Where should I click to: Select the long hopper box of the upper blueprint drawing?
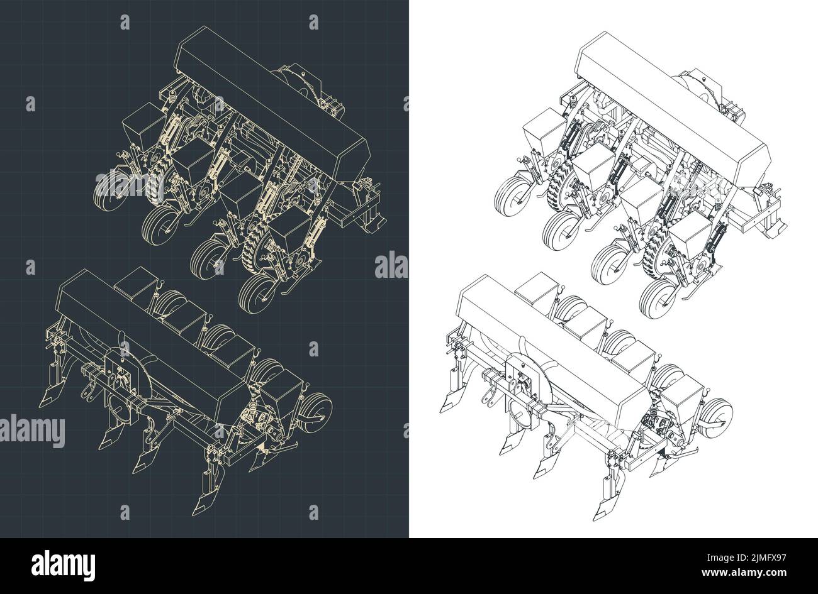pos(274,107)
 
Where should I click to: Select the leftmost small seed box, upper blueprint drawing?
pos(140,132)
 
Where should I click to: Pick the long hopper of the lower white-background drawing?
pos(554,343)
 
